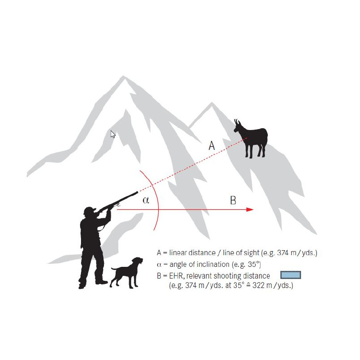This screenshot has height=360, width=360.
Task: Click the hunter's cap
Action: [90, 210]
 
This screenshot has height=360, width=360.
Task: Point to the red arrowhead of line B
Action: [250, 209]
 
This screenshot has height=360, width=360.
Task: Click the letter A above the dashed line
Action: [211, 145]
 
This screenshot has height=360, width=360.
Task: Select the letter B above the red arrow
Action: [233, 200]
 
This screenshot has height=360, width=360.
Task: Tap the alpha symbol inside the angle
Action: [146, 200]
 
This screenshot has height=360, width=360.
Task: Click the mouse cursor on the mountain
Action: [113, 134]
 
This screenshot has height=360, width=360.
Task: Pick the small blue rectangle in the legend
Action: [290, 275]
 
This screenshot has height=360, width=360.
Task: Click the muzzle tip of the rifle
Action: [137, 192]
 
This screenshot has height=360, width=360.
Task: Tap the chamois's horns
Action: [237, 121]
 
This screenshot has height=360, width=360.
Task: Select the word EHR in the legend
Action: [176, 276]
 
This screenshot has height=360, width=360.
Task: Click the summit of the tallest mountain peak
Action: [123, 76]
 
